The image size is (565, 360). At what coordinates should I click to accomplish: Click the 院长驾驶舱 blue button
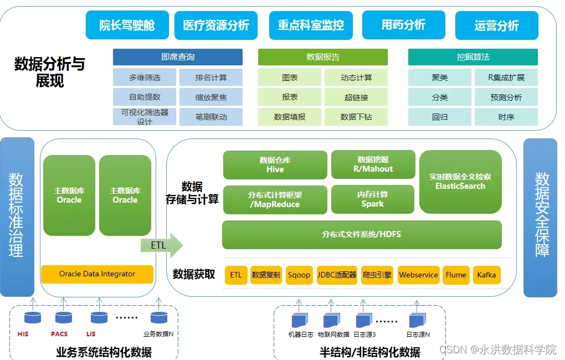point(127,25)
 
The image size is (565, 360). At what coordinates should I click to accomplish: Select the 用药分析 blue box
point(403,25)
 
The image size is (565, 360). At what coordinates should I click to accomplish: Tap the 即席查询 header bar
point(178,57)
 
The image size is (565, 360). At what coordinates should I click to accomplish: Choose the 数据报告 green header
point(323,57)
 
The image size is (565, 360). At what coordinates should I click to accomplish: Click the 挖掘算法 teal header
point(473,57)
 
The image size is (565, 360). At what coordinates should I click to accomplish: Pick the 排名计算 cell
point(211,78)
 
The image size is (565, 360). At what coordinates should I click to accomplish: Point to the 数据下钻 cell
point(356,117)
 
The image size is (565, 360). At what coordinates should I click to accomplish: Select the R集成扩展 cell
point(506,78)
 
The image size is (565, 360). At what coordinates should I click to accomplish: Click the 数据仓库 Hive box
point(275,164)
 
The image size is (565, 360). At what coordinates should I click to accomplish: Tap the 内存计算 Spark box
point(373,199)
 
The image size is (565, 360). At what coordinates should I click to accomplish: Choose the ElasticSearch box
point(460,182)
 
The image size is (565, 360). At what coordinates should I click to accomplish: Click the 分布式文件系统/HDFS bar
point(362,234)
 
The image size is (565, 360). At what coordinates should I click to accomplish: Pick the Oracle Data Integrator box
point(97,274)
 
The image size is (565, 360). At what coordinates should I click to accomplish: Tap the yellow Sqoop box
point(299,275)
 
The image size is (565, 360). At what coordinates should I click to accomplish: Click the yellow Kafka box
point(486,275)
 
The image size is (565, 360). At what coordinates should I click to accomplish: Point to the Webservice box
point(419,275)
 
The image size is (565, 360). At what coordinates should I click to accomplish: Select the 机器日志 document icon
point(300,320)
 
